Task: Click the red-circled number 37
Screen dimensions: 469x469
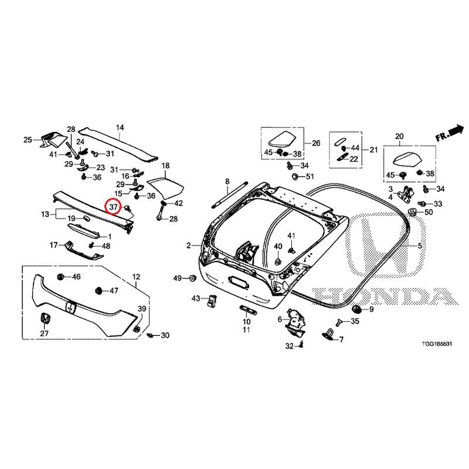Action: pyautogui.click(x=113, y=207)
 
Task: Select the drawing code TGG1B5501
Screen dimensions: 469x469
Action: pyautogui.click(x=437, y=344)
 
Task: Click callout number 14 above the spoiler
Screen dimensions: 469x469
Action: pyautogui.click(x=120, y=128)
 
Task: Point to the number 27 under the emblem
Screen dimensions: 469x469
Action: pyautogui.click(x=45, y=333)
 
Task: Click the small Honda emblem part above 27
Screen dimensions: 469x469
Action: pyautogui.click(x=45, y=318)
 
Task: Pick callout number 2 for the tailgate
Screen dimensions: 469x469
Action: pyautogui.click(x=188, y=246)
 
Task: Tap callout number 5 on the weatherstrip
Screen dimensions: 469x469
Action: pyautogui.click(x=420, y=246)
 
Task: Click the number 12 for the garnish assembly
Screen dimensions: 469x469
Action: pyautogui.click(x=137, y=277)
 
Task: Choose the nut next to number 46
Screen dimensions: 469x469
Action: pyautogui.click(x=60, y=277)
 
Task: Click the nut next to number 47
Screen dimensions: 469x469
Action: pyautogui.click(x=98, y=290)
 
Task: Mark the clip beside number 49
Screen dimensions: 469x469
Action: pyautogui.click(x=192, y=278)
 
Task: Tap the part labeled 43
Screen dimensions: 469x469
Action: pyautogui.click(x=212, y=300)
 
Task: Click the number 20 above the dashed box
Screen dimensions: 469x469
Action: pyautogui.click(x=399, y=137)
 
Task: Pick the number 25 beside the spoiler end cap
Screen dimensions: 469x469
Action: pyautogui.click(x=28, y=140)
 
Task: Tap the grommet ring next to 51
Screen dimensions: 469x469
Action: pyautogui.click(x=296, y=176)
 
